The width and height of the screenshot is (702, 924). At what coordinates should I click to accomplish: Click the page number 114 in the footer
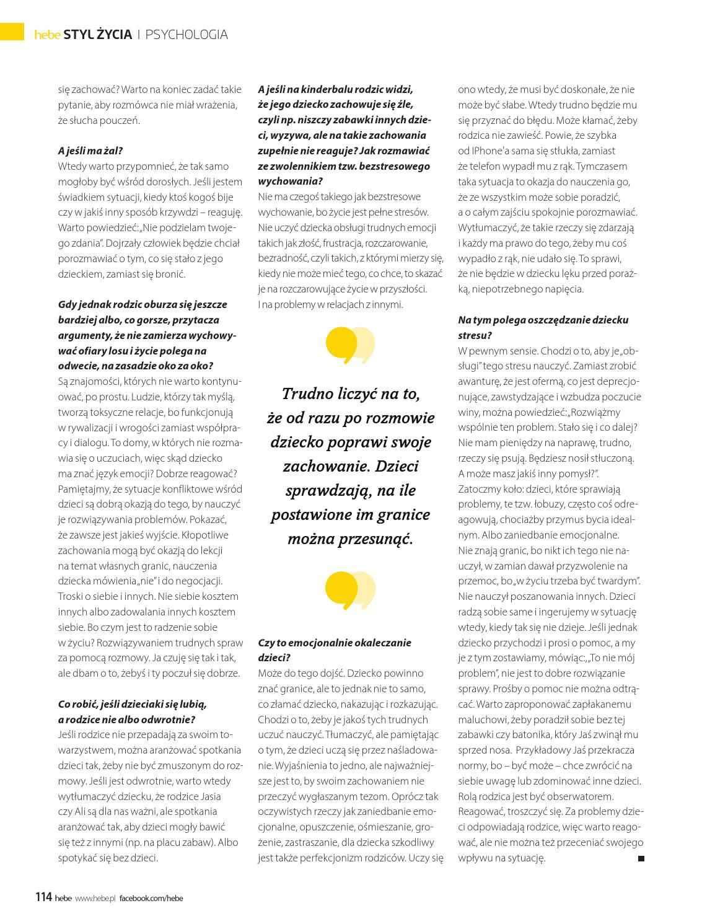pyautogui.click(x=43, y=897)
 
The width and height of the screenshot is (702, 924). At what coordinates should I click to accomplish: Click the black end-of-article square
pyautogui.click(x=641, y=858)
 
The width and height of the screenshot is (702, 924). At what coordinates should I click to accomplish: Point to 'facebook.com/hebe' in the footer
pyautogui.click(x=151, y=898)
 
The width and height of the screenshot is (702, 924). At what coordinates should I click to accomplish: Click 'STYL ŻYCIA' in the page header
pyautogui.click(x=102, y=35)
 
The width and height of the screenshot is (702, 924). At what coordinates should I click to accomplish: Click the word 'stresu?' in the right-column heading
pyautogui.click(x=475, y=335)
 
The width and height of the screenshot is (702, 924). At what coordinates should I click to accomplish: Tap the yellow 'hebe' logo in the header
pyautogui.click(x=47, y=35)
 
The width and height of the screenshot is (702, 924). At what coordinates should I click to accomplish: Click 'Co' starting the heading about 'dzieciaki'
pyautogui.click(x=64, y=704)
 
